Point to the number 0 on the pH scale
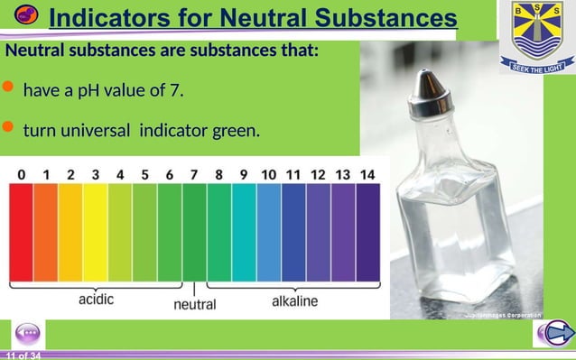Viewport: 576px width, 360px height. pos(21,173)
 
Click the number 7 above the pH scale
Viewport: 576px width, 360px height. pos(193,173)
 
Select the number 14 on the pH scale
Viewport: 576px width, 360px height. pos(367,173)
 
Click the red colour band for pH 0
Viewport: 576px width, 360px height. pos(21,230)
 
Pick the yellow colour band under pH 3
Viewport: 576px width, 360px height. pos(95,230)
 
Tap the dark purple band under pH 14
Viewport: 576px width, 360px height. pos(367,230)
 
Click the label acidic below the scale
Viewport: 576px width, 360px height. pos(97,300)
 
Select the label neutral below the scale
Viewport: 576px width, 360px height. pos(194,304)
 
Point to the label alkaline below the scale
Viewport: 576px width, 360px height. pos(294,300)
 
